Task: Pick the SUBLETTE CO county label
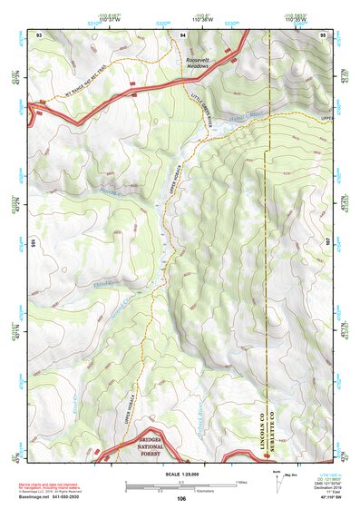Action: [269, 414]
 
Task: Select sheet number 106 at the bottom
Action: [181, 499]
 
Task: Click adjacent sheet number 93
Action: [39, 34]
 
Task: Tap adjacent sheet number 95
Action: [323, 34]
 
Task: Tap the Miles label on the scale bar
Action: [240, 481]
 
